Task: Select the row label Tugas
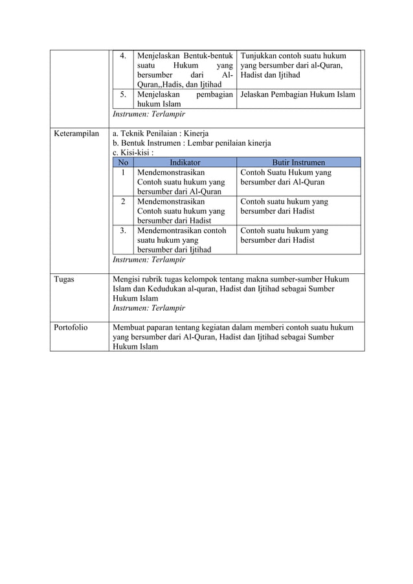(x=66, y=279)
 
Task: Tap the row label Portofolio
(x=71, y=328)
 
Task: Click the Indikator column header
(x=184, y=163)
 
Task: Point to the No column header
(x=122, y=163)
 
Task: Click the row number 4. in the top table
(x=123, y=56)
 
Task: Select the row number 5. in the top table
(x=123, y=95)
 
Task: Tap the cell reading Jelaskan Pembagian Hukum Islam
(x=297, y=95)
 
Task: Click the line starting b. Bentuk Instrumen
(x=192, y=144)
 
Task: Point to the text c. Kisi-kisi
(x=133, y=153)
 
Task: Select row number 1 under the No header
(x=122, y=173)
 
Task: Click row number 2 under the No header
(x=122, y=201)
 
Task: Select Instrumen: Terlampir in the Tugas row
(x=149, y=308)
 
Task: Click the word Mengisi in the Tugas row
(x=129, y=279)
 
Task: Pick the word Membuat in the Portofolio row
(x=131, y=328)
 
